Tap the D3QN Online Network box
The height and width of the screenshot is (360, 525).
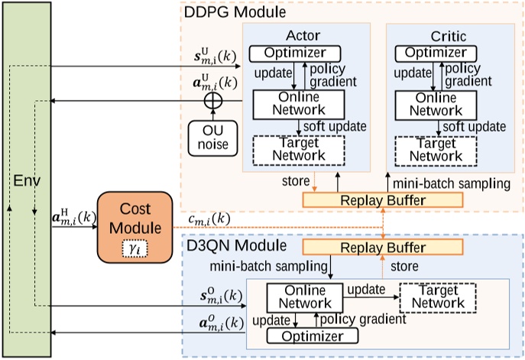[304, 297]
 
